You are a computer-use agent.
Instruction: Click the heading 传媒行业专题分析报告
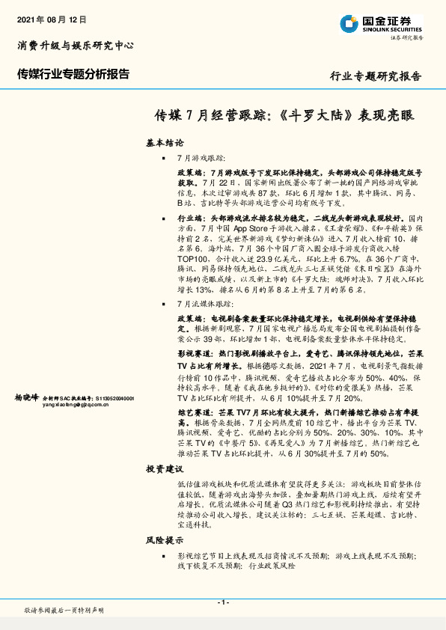pyautogui.click(x=73, y=74)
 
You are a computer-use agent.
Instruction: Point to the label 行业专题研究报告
pyautogui.click(x=376, y=76)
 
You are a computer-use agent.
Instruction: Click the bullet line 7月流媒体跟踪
pyautogui.click(x=205, y=305)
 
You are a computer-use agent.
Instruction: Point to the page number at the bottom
pyautogui.click(x=223, y=602)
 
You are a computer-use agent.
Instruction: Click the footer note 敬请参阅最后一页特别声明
pyautogui.click(x=64, y=611)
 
